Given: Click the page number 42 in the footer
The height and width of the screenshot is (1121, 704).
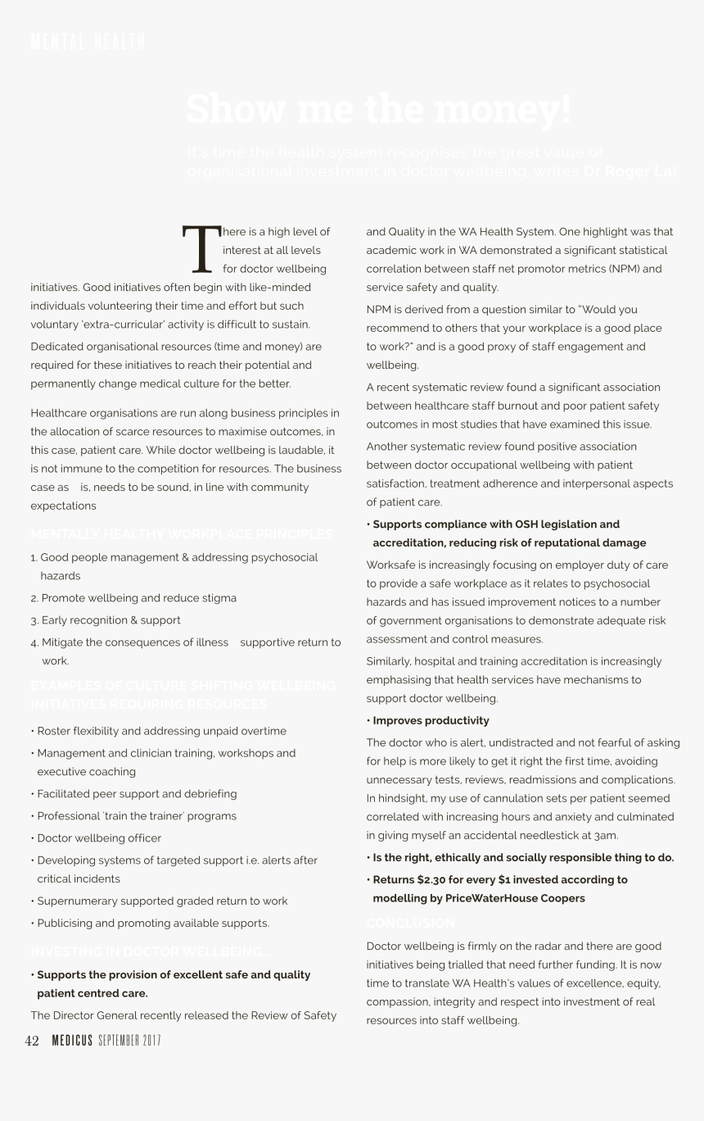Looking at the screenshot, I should [x=32, y=1041].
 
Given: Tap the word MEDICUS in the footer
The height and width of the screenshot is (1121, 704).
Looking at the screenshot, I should [x=72, y=1041].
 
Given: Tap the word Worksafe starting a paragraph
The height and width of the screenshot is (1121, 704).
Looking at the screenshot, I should [x=390, y=565].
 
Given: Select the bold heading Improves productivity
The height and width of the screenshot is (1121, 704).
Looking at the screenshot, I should [x=431, y=720].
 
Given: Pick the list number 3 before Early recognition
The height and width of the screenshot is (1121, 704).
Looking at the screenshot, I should [x=34, y=620].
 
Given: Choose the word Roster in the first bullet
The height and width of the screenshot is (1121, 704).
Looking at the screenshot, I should [x=54, y=731].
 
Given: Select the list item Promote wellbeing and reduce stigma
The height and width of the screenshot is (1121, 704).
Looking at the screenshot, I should [x=138, y=598].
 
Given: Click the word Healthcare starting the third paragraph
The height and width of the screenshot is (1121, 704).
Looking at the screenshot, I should [x=60, y=412].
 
